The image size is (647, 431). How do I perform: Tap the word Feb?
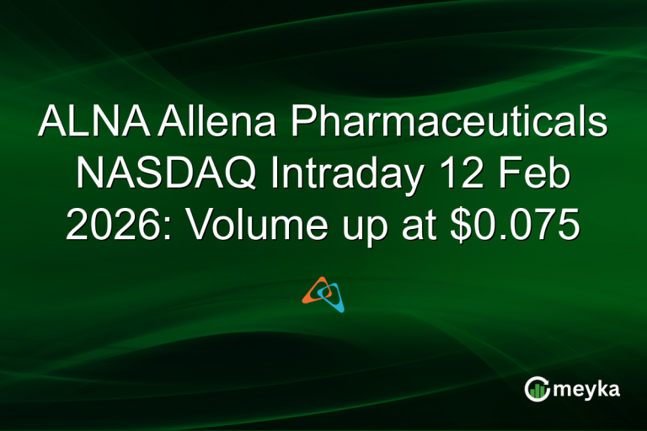pos(537,176)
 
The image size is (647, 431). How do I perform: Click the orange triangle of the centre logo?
pos(316,289)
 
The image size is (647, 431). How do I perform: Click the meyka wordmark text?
pos(587,389)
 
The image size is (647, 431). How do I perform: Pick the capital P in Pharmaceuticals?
pos(305,125)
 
